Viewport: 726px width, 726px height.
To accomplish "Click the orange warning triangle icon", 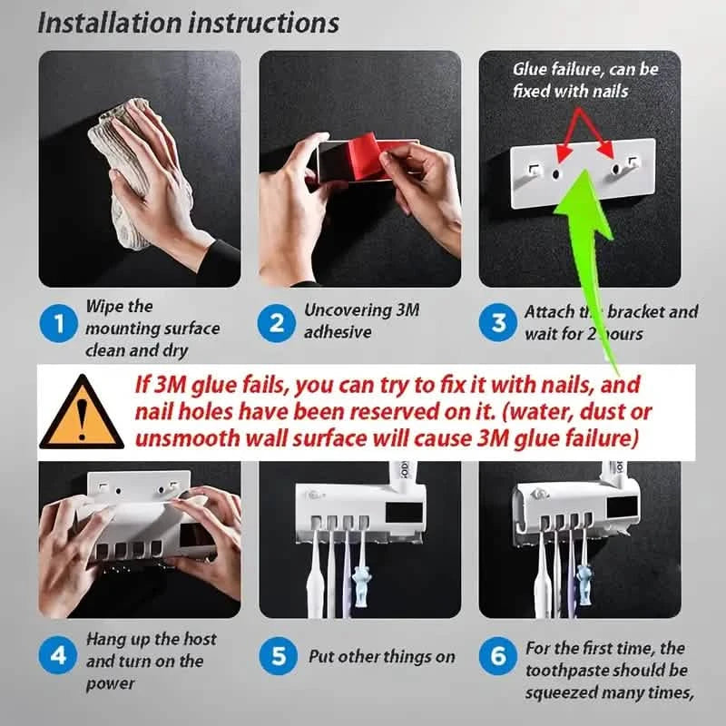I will click(x=82, y=413).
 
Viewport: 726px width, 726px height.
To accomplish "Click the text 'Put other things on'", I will click(x=381, y=656).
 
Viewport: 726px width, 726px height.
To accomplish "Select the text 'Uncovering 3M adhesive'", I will click(x=361, y=320).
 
